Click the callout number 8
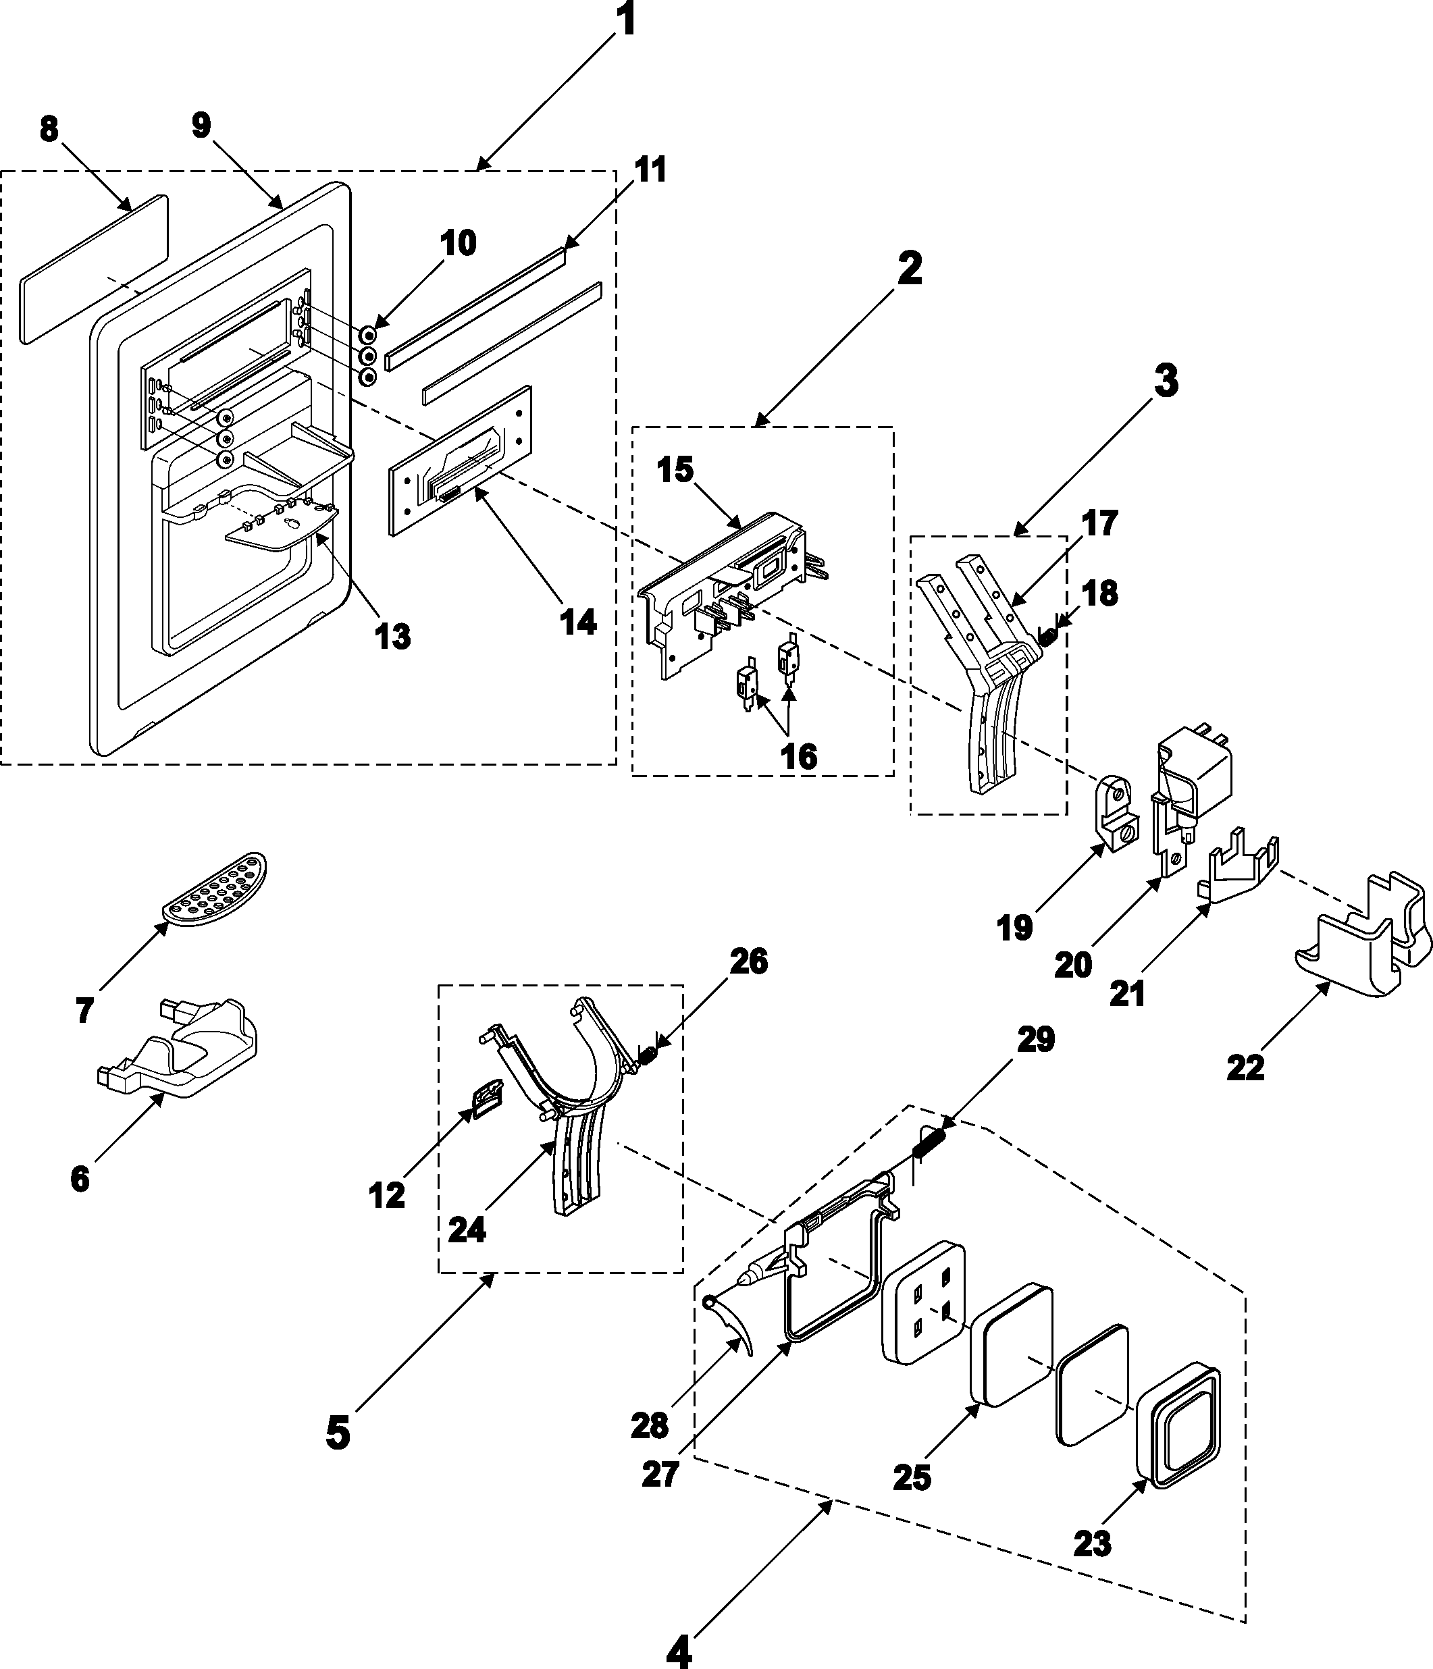click(49, 129)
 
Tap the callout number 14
click(578, 622)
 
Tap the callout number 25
click(912, 1477)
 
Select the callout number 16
click(798, 756)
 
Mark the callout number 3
click(1166, 381)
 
